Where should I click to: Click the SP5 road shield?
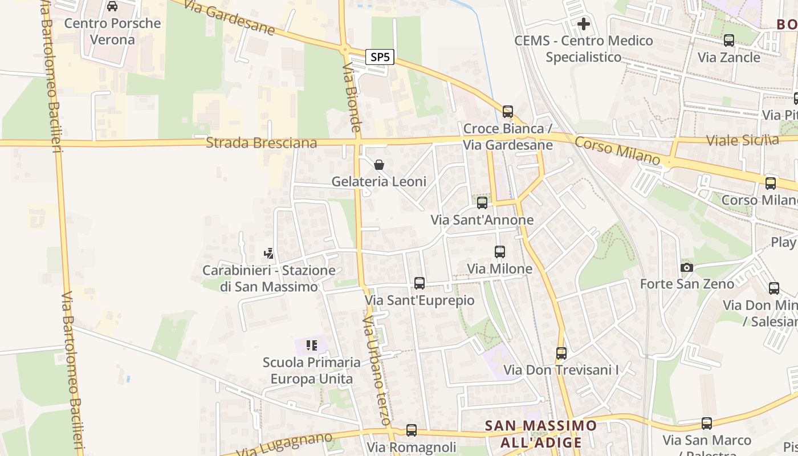[x=380, y=57]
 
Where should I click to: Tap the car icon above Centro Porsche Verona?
[x=112, y=6]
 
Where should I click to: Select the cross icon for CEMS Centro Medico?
[x=584, y=24]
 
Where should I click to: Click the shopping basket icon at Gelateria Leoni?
[x=379, y=165]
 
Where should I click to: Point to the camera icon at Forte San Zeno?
[x=686, y=267]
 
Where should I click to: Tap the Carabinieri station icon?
[x=268, y=253]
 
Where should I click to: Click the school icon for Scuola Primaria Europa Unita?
[x=311, y=345]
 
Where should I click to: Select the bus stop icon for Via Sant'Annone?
[x=482, y=202]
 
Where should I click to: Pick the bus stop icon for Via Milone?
[x=500, y=251]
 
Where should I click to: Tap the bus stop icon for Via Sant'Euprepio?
[x=420, y=283]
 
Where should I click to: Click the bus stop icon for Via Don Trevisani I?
[x=561, y=353]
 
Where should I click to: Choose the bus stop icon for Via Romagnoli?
[x=412, y=430]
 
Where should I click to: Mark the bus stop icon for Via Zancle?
[x=728, y=40]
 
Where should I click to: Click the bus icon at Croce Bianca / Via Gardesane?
[x=508, y=111]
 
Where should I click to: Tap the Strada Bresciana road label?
[x=261, y=142]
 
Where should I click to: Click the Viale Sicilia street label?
[x=742, y=140]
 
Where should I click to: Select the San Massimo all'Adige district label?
[x=540, y=434]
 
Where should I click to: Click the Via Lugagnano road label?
[x=285, y=445]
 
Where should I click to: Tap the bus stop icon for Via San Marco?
[x=707, y=424]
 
